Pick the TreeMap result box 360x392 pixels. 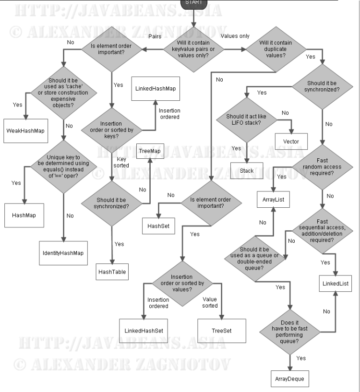(x=150, y=151)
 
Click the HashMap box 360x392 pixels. (x=24, y=215)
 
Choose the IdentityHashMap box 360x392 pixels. (x=63, y=253)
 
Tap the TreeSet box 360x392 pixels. (x=222, y=331)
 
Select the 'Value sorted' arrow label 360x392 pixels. (x=210, y=302)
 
